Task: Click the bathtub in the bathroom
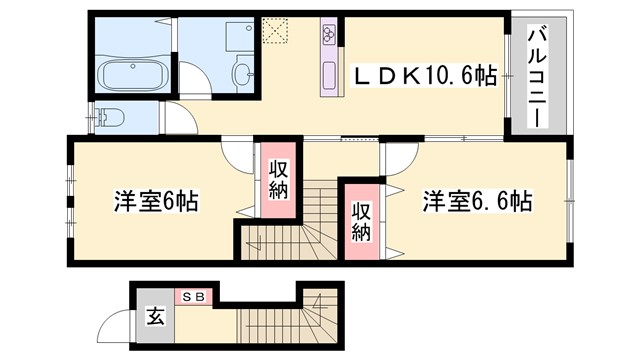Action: point(134,74)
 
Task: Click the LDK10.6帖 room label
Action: point(426,74)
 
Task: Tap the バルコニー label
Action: point(536,75)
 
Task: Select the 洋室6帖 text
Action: point(154,201)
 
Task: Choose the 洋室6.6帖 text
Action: point(475,201)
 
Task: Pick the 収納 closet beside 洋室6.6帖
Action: point(361,217)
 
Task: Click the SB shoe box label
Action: point(193,297)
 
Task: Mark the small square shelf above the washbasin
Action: point(239,34)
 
